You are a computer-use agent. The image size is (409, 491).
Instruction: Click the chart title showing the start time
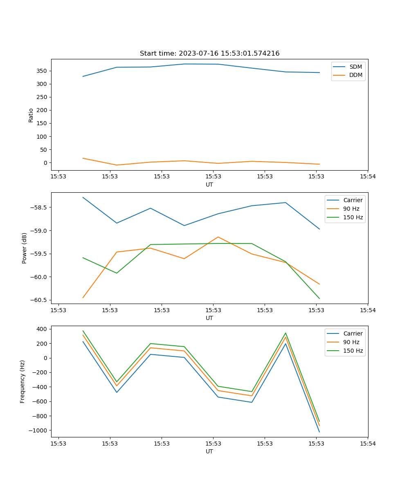[x=209, y=54]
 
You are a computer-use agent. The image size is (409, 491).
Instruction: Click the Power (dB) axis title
[x=25, y=248]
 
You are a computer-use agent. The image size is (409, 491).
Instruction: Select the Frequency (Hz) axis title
[x=23, y=381]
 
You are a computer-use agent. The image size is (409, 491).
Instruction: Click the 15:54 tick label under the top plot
[x=367, y=177]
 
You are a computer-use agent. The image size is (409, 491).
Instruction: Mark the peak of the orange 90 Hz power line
[x=218, y=237]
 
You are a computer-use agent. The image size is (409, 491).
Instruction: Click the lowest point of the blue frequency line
[x=319, y=432]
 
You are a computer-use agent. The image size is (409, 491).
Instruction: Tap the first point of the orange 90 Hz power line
[x=83, y=297]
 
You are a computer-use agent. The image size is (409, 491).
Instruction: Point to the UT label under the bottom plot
[x=209, y=451]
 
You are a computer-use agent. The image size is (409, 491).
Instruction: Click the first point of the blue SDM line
[x=83, y=76]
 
